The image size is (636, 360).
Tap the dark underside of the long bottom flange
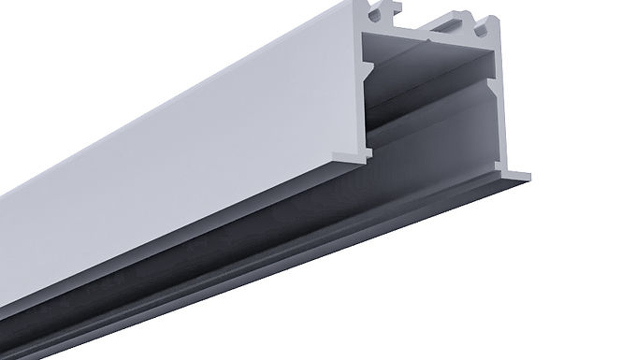(x=281, y=271)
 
